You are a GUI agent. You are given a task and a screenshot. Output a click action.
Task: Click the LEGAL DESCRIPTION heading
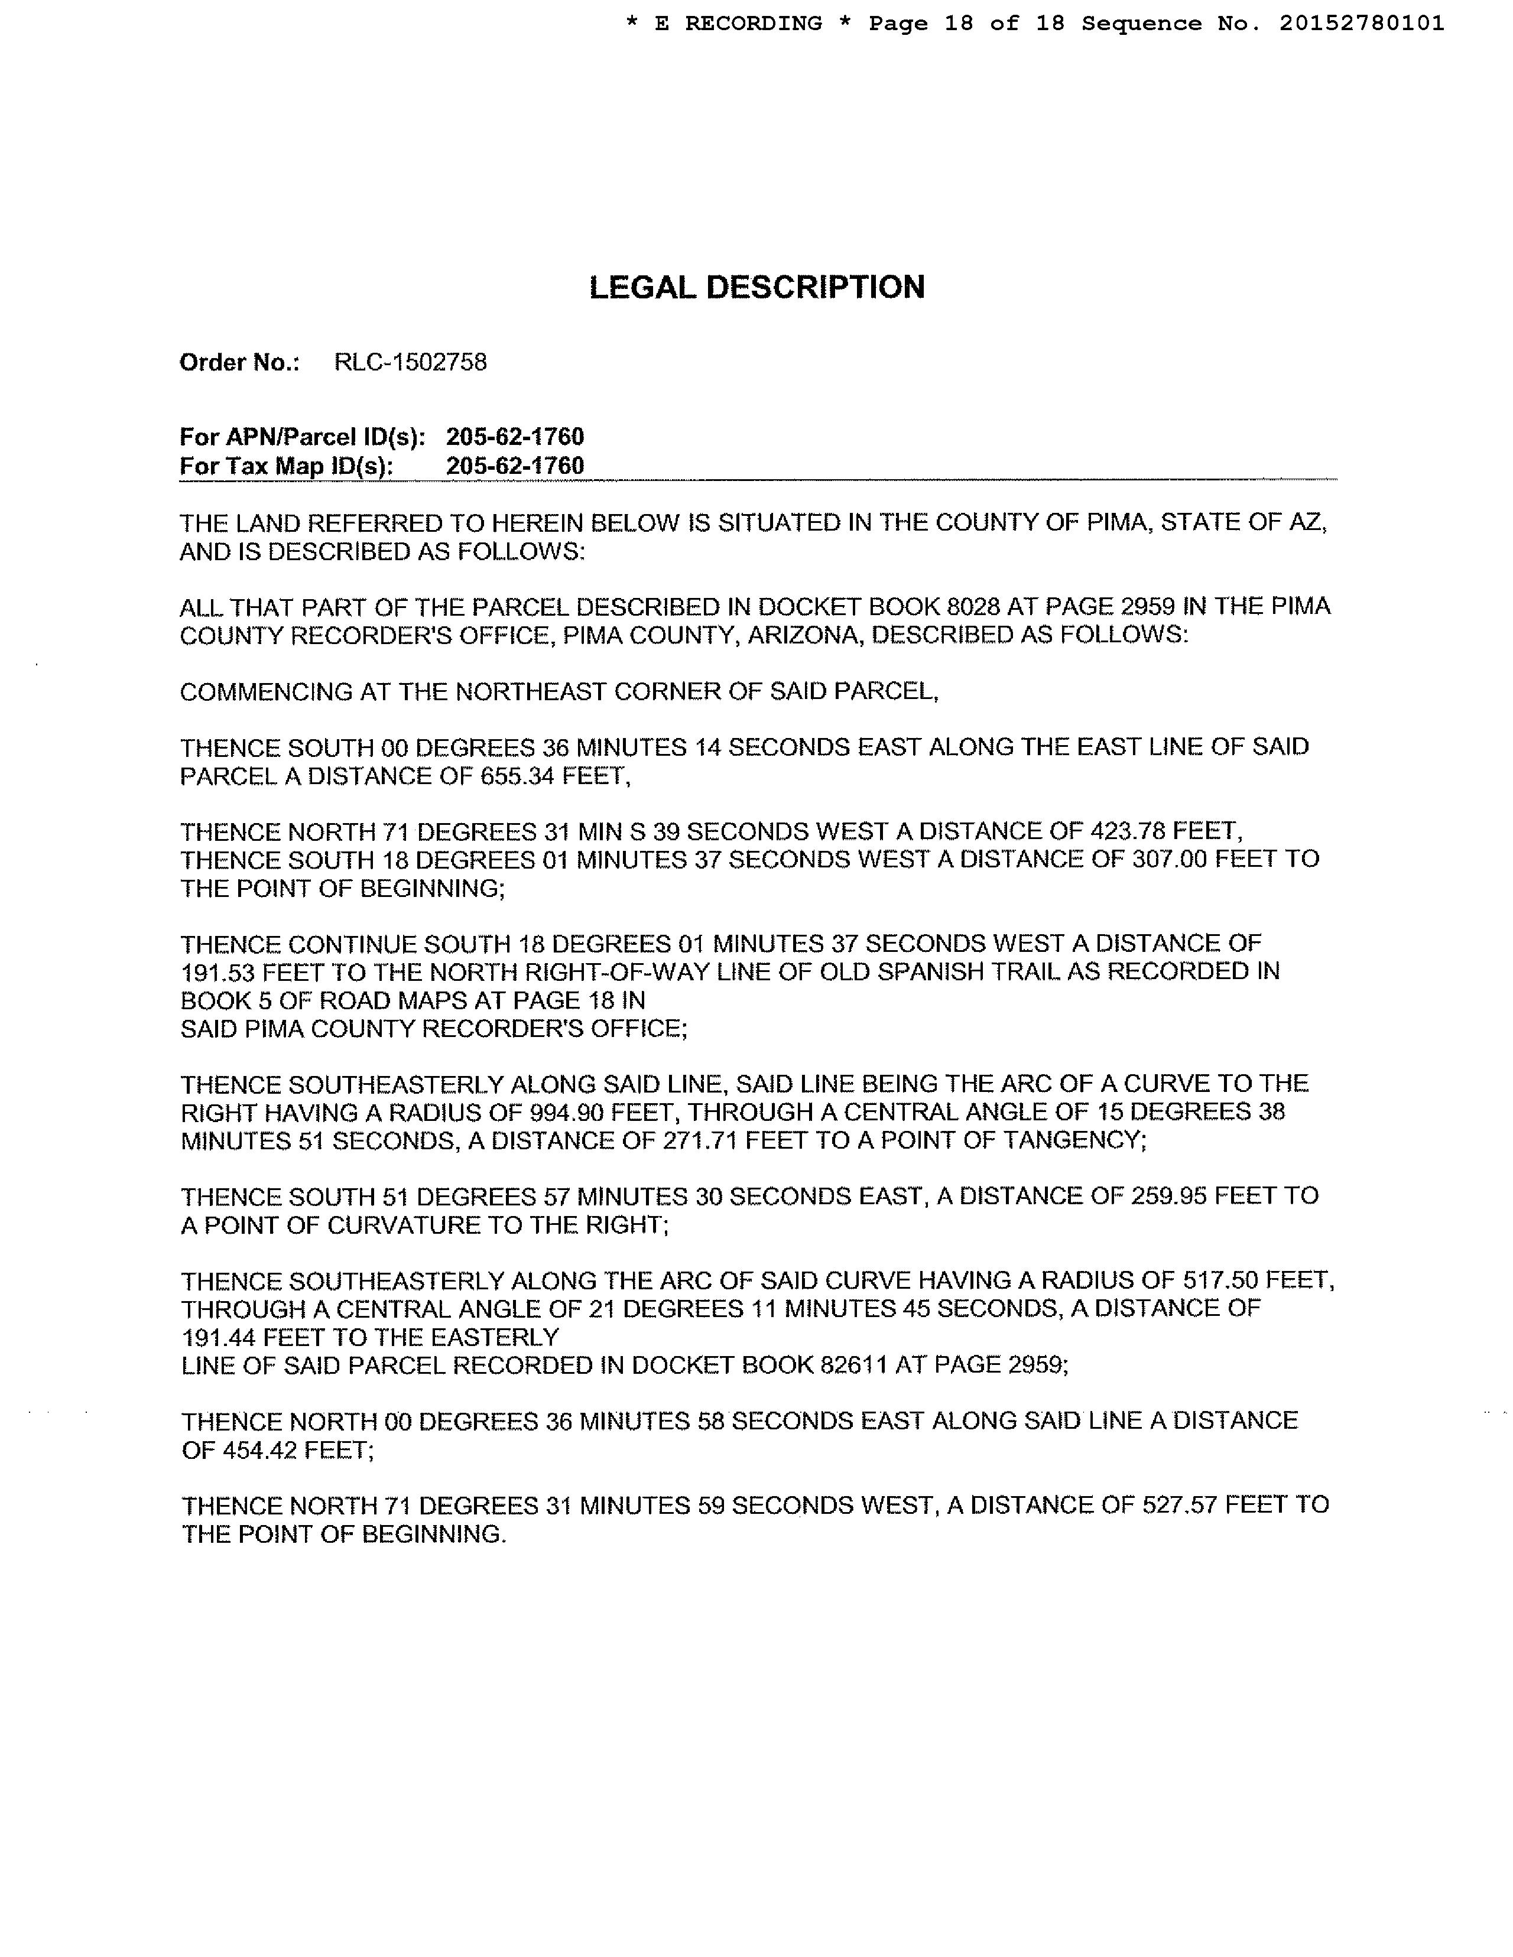(x=756, y=288)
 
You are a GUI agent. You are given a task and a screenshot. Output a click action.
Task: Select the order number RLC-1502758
(x=411, y=362)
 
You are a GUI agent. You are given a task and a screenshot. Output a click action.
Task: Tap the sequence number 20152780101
(x=1362, y=23)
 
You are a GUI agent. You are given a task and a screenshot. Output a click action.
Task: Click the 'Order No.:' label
(x=239, y=362)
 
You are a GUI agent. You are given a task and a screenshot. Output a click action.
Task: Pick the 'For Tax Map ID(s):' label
(x=287, y=466)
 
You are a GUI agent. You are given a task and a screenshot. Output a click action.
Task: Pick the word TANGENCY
(x=1067, y=1140)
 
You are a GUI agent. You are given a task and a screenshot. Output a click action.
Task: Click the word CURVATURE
(x=402, y=1225)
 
